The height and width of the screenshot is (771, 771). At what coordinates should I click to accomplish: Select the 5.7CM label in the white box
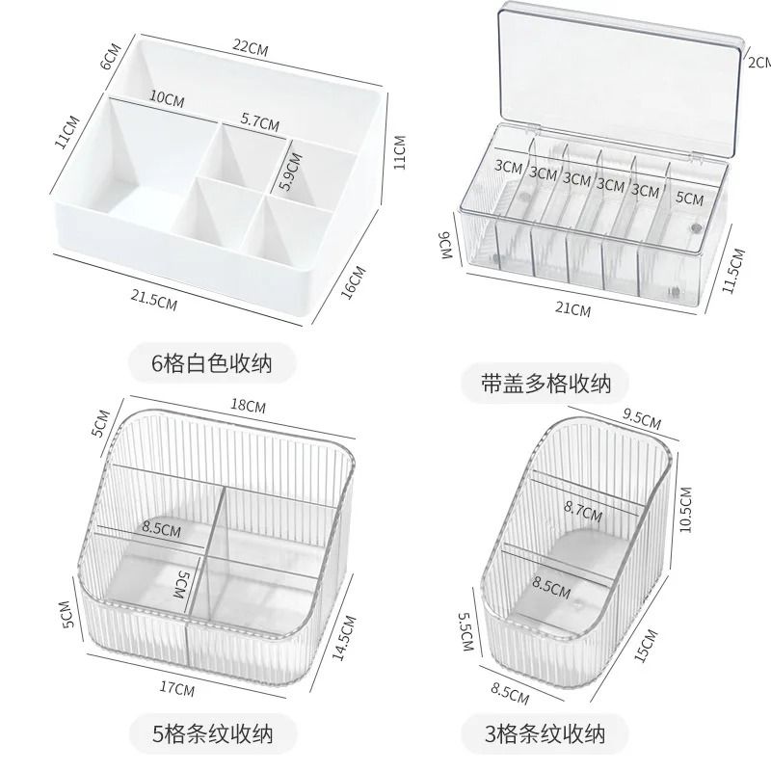[x=259, y=122]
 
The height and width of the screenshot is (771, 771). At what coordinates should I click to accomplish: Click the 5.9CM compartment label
[x=286, y=171]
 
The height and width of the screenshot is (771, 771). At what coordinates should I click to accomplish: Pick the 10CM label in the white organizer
[x=167, y=97]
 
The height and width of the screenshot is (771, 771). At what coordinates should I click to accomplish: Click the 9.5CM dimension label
[x=643, y=420]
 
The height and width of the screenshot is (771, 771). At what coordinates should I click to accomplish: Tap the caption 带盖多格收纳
[x=546, y=383]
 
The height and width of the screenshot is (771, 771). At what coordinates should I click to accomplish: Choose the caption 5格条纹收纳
[x=214, y=734]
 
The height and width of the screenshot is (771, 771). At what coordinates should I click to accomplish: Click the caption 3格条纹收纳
[x=545, y=734]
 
